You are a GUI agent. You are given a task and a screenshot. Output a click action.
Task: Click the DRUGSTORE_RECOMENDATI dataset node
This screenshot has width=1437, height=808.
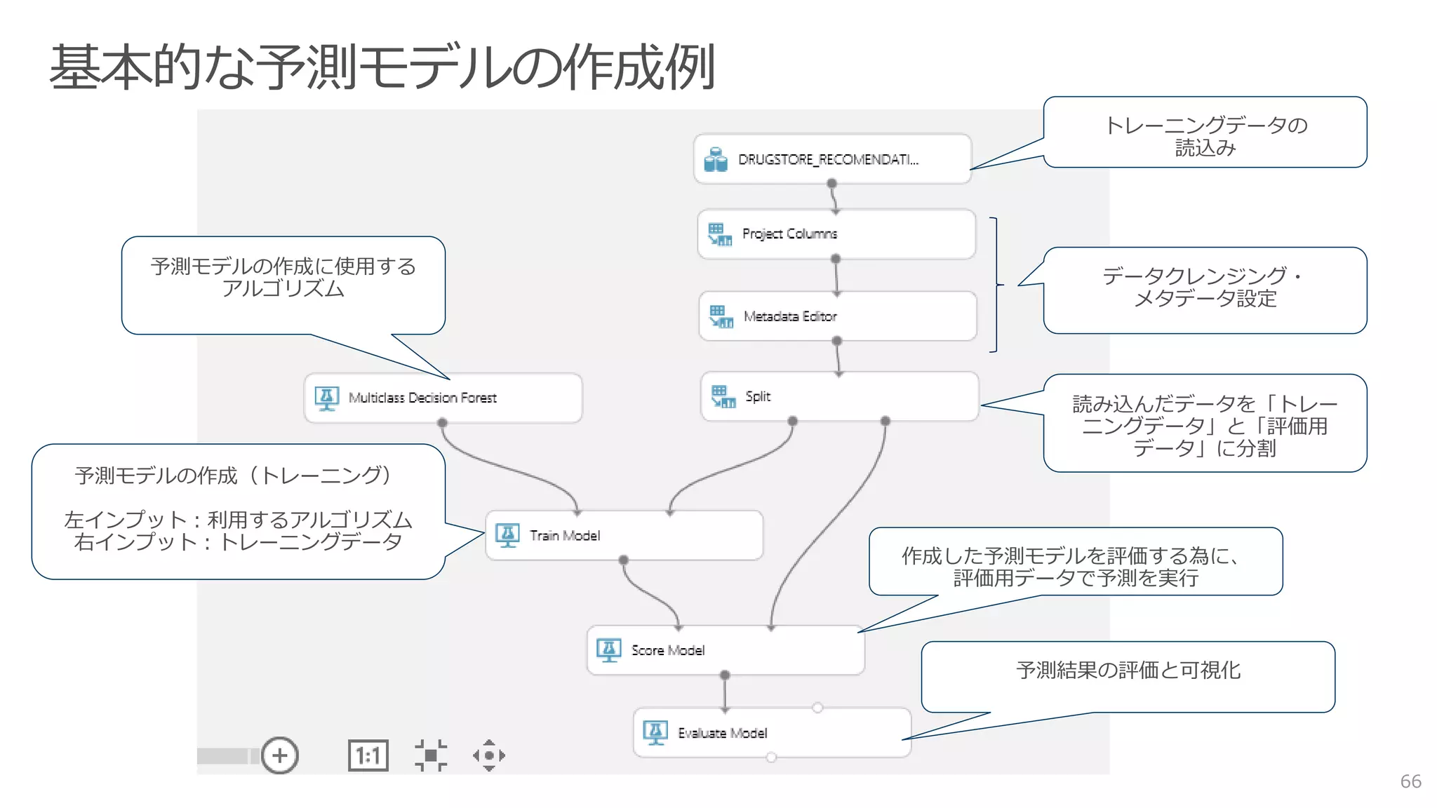[x=831, y=159]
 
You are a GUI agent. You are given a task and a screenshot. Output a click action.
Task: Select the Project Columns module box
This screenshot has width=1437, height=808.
[x=836, y=234]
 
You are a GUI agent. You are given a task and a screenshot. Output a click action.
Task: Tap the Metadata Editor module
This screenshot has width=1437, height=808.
[x=837, y=316]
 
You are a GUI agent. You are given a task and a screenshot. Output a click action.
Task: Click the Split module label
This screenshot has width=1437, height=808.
[x=758, y=396]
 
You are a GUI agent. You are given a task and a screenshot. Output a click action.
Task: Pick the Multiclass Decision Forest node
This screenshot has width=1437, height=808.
[x=442, y=398]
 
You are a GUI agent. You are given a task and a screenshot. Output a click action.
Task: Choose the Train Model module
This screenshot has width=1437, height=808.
[x=623, y=535]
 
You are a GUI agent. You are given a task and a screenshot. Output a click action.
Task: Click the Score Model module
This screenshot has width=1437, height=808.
[x=725, y=650]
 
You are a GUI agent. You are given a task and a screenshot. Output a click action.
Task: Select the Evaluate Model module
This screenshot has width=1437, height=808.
[x=771, y=732]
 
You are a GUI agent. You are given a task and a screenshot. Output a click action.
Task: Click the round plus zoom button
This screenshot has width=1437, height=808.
[x=280, y=755]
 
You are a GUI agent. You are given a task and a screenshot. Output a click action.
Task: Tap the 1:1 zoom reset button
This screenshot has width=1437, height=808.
[x=368, y=755]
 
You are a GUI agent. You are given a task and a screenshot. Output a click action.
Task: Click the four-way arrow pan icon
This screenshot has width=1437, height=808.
[x=489, y=755]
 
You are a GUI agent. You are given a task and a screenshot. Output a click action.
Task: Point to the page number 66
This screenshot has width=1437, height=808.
[x=1410, y=781]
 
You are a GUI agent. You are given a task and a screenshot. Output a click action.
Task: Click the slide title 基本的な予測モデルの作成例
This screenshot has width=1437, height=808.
[x=382, y=67]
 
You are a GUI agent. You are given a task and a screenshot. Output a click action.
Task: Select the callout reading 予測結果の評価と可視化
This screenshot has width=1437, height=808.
[x=1128, y=671]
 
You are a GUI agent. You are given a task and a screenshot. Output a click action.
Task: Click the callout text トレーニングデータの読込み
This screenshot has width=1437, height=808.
[x=1205, y=135]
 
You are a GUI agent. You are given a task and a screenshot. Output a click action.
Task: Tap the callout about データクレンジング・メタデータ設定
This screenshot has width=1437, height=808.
[x=1205, y=288]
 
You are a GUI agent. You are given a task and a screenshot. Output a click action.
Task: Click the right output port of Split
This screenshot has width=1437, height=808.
[x=885, y=421]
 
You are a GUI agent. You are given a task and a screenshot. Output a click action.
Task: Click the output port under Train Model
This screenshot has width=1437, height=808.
[x=623, y=560]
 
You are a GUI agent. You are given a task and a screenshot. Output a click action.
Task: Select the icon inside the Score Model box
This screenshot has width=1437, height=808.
[x=608, y=650]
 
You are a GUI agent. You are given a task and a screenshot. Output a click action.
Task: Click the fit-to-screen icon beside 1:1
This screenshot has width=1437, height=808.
[x=431, y=755]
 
